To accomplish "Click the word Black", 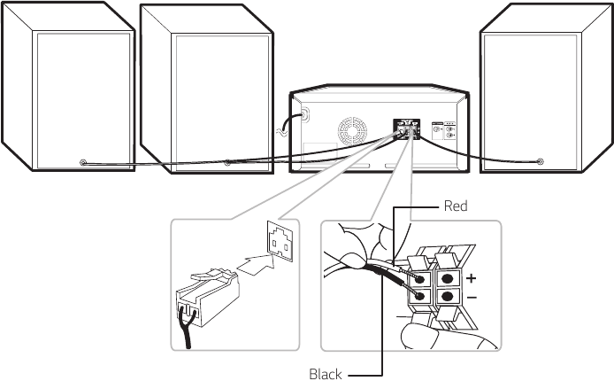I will (325, 374).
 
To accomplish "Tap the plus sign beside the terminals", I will (472, 277).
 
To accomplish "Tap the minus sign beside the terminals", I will (472, 298).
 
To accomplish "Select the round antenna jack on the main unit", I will (305, 113).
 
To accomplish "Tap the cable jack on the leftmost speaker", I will (82, 162).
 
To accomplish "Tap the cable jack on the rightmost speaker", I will (541, 161).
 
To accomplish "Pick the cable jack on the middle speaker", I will (227, 162).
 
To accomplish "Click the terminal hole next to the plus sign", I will (449, 277).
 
